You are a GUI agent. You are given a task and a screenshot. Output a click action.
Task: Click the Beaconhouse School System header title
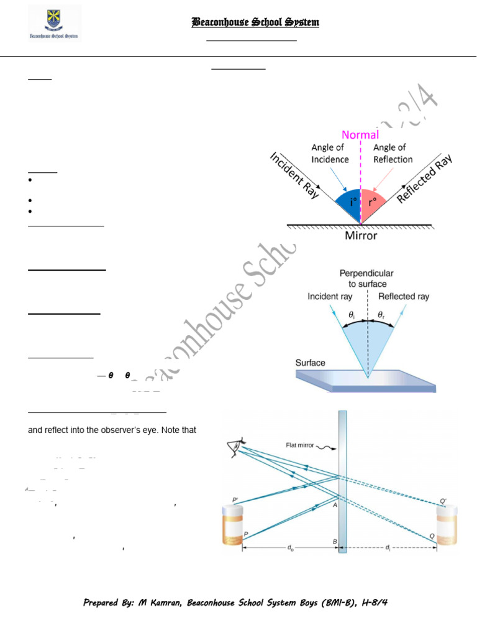255,23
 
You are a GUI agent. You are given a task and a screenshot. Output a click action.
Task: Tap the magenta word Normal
360,134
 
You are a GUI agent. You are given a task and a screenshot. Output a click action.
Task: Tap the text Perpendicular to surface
366,278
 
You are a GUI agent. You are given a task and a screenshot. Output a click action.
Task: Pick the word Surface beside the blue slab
311,363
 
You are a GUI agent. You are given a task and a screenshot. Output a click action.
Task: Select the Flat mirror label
301,445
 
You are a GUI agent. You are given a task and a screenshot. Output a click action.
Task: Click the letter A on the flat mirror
334,505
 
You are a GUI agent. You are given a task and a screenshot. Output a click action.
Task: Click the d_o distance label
289,548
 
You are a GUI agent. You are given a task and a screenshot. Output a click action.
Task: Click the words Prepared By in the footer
108,603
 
